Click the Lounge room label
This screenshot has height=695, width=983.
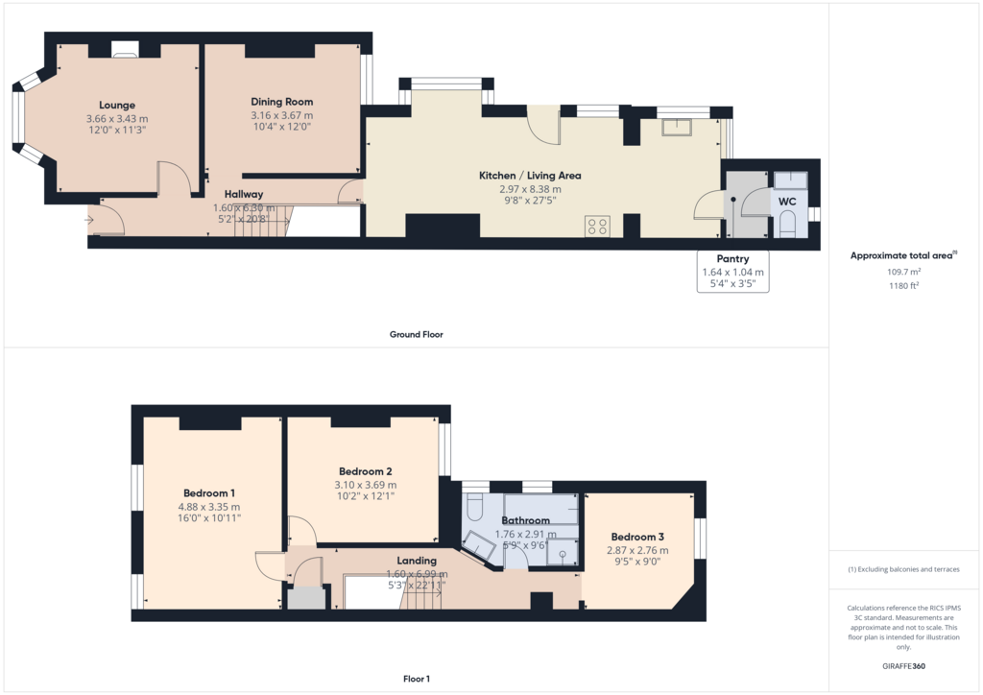pos(117,105)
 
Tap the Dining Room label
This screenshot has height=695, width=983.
pos(281,102)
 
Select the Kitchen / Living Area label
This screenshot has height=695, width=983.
pos(530,176)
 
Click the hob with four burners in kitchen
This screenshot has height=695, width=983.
pos(597,227)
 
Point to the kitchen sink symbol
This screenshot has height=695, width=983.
pos(677,127)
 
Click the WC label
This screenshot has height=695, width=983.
pos(787,202)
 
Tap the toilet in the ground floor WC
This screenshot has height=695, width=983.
pos(787,224)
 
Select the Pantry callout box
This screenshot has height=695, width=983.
pos(732,272)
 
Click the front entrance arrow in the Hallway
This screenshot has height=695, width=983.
pos(89,220)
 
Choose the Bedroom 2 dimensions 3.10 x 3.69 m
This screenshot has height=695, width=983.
pos(366,485)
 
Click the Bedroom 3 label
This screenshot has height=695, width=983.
pos(637,537)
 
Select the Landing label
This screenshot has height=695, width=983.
pos(417,561)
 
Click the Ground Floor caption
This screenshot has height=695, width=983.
pos(417,334)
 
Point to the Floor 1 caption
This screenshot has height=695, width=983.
pos(417,679)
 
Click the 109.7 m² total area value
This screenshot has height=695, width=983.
pos(903,272)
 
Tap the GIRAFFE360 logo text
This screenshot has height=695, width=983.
pos(903,665)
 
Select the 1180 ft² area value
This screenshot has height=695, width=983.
pos(903,285)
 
